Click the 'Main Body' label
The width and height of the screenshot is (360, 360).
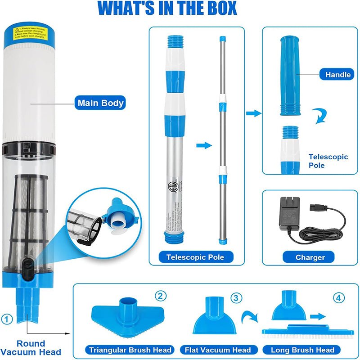[100, 103]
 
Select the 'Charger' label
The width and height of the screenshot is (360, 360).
[310, 257]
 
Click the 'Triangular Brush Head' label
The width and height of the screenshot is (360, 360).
[130, 350]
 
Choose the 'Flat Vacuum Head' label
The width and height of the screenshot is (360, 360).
[218, 350]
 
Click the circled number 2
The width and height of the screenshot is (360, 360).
[161, 296]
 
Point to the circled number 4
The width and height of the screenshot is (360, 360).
[339, 298]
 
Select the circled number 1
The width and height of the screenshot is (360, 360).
[6, 319]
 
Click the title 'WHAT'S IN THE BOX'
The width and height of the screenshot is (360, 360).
[167, 9]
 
